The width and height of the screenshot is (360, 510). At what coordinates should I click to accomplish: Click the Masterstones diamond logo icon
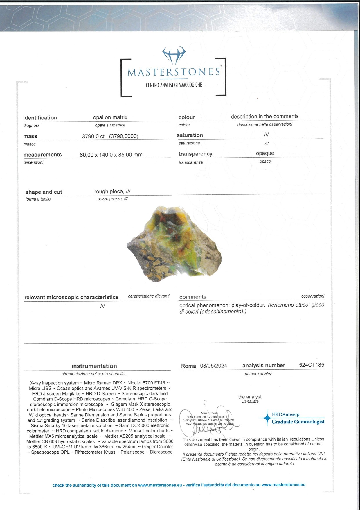[x=174, y=55]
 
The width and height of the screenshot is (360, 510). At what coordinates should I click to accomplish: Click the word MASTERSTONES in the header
[x=174, y=72]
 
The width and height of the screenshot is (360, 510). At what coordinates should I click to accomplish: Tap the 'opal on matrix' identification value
[x=110, y=117]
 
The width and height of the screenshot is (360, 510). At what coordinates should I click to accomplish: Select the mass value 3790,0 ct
[x=93, y=136]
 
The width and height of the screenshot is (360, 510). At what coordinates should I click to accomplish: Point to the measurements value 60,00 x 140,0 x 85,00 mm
[x=111, y=155]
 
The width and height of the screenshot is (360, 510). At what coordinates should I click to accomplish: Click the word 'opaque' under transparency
[x=265, y=153]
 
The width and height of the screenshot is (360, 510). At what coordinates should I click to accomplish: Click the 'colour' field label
[x=187, y=117]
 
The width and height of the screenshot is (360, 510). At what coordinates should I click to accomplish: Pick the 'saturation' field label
[x=190, y=135]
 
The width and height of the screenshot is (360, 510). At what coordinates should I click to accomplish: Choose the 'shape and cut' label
[x=44, y=192]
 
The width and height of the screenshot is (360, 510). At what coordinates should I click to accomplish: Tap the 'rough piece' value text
[x=109, y=192]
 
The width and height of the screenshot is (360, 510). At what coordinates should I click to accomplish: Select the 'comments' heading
[x=193, y=297]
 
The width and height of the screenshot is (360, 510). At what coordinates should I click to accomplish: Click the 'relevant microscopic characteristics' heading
[x=71, y=297]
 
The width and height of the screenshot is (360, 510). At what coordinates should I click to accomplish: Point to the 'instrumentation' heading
[x=94, y=366]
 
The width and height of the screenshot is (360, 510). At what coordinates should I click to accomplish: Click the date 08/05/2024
[x=213, y=366]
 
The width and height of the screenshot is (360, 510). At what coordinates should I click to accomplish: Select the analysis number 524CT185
[x=312, y=365]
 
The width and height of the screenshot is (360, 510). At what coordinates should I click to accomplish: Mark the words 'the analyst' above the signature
[x=250, y=397]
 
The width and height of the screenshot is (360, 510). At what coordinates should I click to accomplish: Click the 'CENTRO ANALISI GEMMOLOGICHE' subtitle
[x=174, y=85]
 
